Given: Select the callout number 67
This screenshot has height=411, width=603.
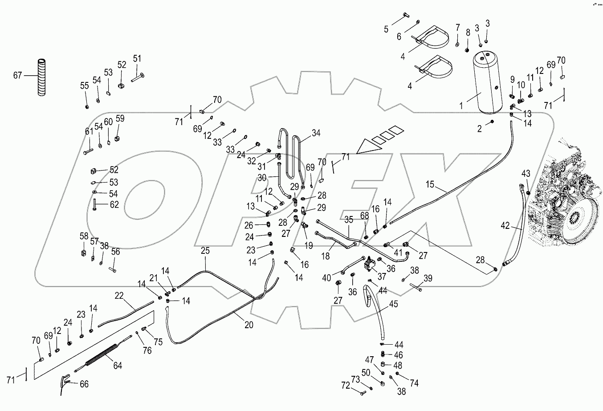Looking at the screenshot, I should coord(17,76).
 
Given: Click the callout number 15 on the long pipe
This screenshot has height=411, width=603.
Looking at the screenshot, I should coord(430,183).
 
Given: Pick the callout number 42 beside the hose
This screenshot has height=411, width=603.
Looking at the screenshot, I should coord(505,225).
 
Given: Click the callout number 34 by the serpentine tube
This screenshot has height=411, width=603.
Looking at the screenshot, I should coord(316,133).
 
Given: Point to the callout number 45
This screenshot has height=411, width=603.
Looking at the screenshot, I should coord(393,305).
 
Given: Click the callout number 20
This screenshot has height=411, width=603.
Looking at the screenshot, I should coord(249,326).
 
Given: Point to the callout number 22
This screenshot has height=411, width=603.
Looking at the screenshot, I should coord(119,295).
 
